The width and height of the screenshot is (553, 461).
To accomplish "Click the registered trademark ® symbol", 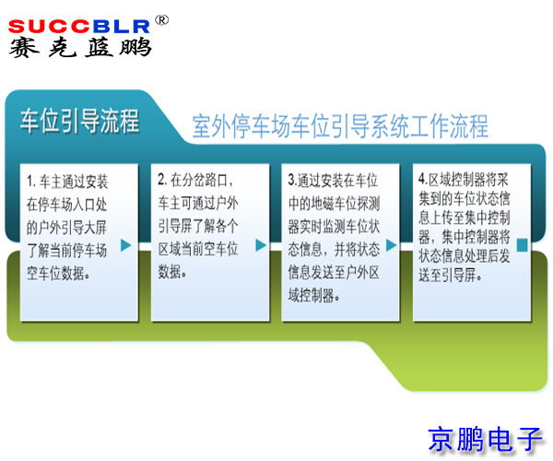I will pyautogui.click(x=161, y=19).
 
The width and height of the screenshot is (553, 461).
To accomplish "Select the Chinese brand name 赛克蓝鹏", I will pyautogui.click(x=80, y=46).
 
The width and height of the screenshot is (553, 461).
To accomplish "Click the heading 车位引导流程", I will pyautogui.click(x=81, y=120).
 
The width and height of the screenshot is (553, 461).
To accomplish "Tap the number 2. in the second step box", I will pyautogui.click(x=162, y=179).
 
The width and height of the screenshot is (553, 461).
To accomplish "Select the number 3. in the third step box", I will pyautogui.click(x=292, y=180).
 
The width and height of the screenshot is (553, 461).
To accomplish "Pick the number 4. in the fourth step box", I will pyautogui.click(x=422, y=178).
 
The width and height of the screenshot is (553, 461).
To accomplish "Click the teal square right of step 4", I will pyautogui.click(x=522, y=244).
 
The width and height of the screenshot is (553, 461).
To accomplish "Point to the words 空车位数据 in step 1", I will pyautogui.click(x=69, y=270).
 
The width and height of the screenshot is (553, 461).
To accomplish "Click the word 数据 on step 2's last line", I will pyautogui.click(x=171, y=271).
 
